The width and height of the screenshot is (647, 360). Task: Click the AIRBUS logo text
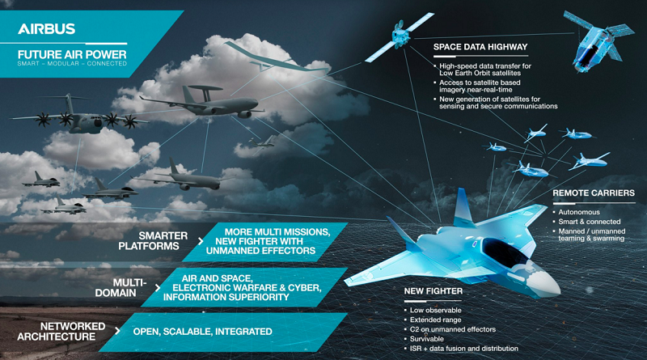point(46,28)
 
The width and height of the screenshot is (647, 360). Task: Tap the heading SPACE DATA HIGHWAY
point(480,47)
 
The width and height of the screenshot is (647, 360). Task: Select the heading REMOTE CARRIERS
point(594,193)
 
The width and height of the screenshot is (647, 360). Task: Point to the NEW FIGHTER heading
point(433,291)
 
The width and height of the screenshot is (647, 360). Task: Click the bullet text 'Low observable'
point(435,310)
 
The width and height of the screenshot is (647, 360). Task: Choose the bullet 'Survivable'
point(427,339)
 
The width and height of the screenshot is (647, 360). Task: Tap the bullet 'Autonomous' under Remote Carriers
point(579,212)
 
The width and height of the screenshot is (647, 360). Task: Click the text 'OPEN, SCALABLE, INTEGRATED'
point(202,332)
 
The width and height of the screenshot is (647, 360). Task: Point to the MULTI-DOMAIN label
point(121,288)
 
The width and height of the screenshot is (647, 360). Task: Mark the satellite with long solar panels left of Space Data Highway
point(399,37)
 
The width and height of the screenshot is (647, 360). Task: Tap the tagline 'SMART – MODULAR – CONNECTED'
point(72,64)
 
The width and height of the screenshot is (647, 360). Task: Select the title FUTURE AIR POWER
point(72,54)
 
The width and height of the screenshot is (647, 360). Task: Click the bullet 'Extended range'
point(435,320)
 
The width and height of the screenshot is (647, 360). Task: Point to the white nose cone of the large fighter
point(543,283)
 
